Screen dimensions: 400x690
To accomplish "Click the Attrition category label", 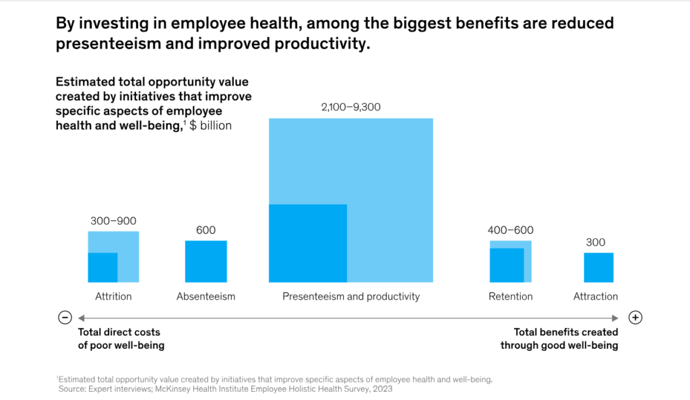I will click(113, 296).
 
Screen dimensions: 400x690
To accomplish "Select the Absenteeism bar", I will click(206, 261).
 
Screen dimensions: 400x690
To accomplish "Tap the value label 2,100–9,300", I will click(350, 107).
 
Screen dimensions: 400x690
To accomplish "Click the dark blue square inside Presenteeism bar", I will click(308, 243).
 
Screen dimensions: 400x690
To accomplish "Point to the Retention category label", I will click(510, 296).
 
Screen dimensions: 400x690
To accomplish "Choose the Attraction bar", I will click(598, 267).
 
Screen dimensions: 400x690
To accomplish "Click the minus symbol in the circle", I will click(65, 318).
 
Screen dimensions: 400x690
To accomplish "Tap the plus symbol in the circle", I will click(635, 318).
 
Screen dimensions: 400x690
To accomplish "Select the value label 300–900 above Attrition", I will click(113, 221).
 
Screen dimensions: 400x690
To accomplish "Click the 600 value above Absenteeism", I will click(206, 230).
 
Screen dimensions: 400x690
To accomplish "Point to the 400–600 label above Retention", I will click(510, 230).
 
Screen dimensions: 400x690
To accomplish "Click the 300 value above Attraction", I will click(596, 242).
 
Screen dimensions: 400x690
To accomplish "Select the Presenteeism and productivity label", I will click(350, 296).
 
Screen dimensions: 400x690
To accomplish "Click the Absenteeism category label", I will click(206, 296).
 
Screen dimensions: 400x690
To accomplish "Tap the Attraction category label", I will click(596, 296).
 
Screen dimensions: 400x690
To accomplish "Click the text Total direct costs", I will click(119, 332).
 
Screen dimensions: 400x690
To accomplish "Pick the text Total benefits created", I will click(565, 332).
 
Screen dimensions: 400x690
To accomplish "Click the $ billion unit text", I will click(211, 125).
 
